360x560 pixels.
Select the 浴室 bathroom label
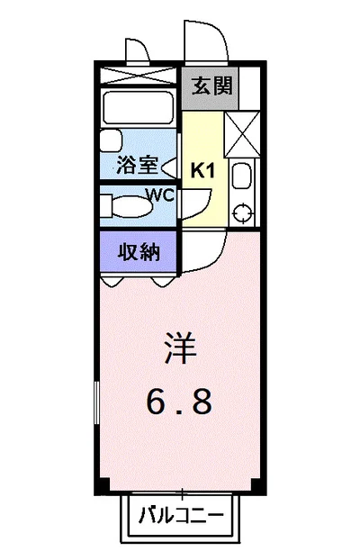(x=137, y=166)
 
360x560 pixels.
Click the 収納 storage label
(x=138, y=251)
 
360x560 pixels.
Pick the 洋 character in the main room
(x=179, y=349)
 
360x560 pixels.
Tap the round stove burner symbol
(x=241, y=212)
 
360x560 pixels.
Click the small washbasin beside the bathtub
(x=110, y=140)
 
